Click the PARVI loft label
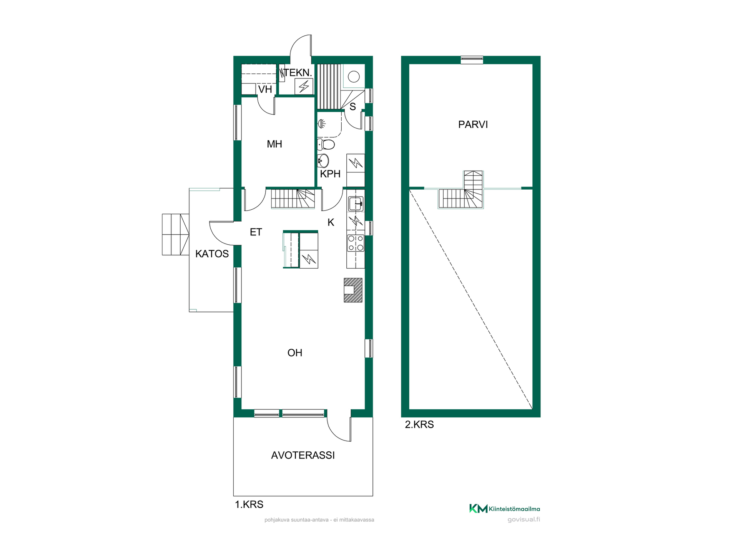473,125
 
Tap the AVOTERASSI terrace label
303,456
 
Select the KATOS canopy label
212,254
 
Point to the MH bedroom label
274,144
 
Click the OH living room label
295,353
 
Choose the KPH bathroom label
330,174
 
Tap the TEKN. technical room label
298,73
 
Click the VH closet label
265,90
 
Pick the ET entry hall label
256,232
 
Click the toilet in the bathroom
326,145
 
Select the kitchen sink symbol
356,204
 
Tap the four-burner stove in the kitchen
356,243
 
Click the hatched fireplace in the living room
353,290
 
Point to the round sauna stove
354,77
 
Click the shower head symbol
322,123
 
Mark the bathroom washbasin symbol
323,160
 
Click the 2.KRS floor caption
419,425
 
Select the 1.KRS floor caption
249,505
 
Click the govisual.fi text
524,520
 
